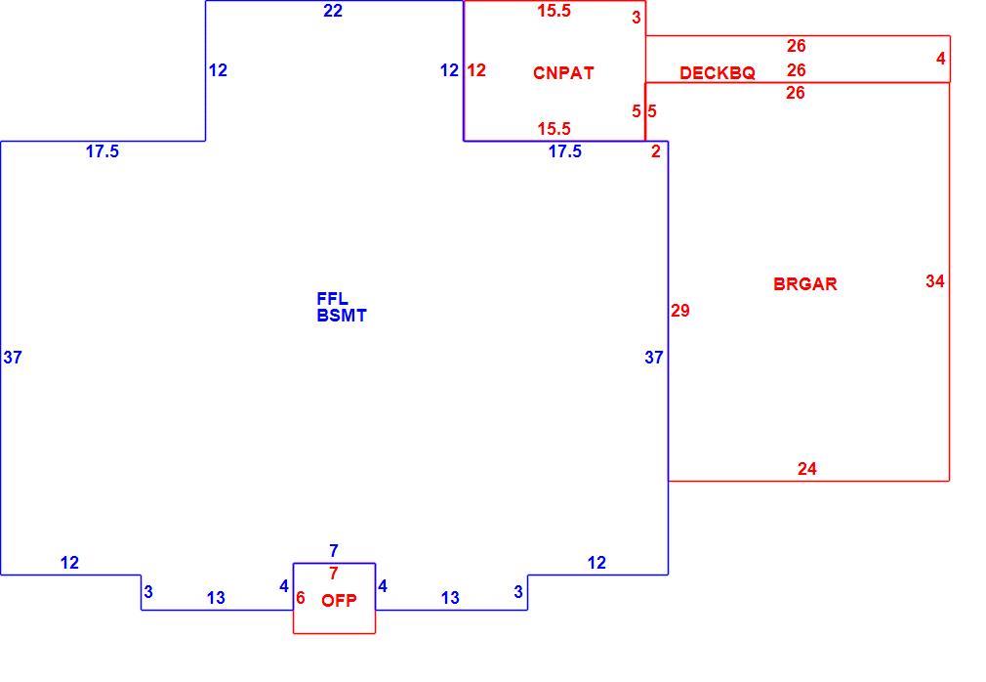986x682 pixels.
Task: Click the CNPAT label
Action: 562,73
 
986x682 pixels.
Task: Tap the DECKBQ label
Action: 717,73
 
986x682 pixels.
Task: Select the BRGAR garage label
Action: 804,283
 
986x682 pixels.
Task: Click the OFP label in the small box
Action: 339,600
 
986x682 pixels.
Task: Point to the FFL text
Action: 332,298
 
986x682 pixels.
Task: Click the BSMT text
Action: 342,316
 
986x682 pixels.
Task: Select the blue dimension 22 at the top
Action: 333,11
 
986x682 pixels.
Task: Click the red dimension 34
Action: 935,280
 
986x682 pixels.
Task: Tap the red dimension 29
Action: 679,310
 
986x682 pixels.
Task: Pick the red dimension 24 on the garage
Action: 806,469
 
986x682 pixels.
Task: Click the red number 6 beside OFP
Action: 301,598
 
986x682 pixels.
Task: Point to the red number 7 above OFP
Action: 333,574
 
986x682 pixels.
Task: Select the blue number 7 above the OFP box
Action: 333,550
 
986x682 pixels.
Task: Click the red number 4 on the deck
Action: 941,59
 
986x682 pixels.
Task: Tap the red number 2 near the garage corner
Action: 656,151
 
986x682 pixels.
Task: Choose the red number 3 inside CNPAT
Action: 637,17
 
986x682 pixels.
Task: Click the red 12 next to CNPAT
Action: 476,69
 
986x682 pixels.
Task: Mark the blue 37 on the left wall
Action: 13,358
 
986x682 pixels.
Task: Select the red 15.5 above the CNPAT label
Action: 554,11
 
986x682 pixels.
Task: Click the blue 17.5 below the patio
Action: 564,151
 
